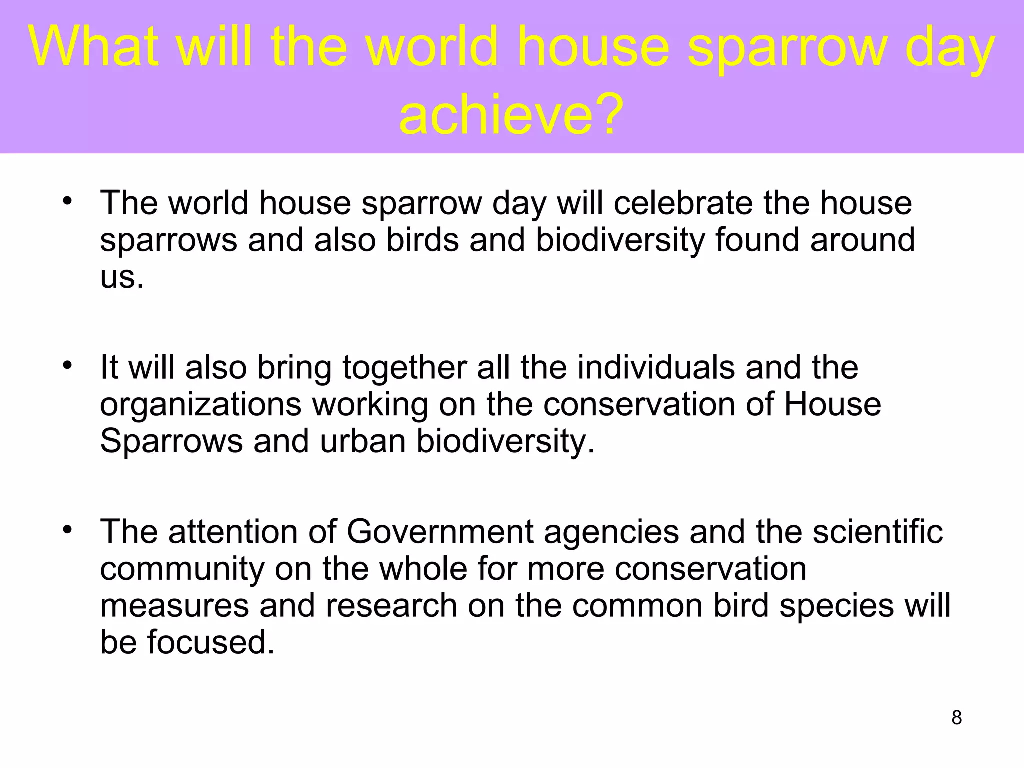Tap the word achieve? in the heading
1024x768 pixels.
click(511, 114)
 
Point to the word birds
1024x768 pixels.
click(422, 240)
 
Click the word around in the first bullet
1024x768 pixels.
click(862, 240)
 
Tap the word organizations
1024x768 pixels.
click(201, 404)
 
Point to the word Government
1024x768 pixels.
click(440, 531)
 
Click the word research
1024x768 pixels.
click(391, 605)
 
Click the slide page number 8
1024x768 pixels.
click(957, 718)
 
